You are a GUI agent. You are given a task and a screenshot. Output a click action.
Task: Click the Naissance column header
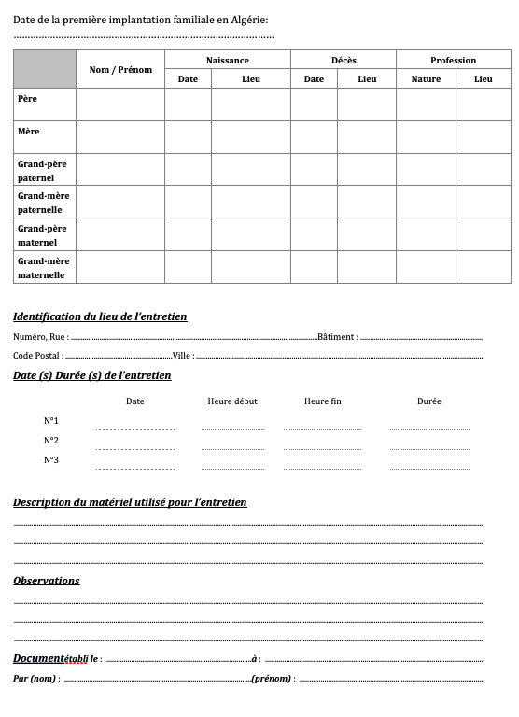[228, 61]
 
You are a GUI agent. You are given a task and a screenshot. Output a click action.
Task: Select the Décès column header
[344, 61]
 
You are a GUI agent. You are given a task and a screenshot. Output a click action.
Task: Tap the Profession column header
[453, 61]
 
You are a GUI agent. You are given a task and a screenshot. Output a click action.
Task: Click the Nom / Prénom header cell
[120, 70]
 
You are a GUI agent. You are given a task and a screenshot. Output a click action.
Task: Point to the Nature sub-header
[426, 79]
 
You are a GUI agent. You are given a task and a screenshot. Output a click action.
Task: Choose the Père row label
[28, 97]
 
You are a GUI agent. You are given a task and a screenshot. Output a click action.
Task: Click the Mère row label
[29, 132]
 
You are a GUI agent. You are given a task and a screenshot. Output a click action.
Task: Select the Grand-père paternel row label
[42, 170]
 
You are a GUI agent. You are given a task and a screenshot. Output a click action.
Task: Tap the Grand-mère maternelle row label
[43, 268]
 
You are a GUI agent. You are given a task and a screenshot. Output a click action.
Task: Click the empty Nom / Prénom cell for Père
[120, 105]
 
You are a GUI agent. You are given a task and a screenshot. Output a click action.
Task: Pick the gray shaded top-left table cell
[45, 69]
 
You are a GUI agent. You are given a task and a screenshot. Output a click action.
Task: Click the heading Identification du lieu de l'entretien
[100, 316]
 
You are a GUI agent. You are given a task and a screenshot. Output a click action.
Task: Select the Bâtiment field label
[337, 337]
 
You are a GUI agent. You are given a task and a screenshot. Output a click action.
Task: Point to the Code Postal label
[37, 356]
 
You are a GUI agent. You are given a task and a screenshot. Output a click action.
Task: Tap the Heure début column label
[232, 401]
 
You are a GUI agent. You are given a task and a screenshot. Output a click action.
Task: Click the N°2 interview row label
[51, 440]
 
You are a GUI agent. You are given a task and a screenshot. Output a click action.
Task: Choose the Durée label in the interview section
[429, 401]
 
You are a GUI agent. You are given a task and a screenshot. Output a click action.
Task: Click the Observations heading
[47, 581]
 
